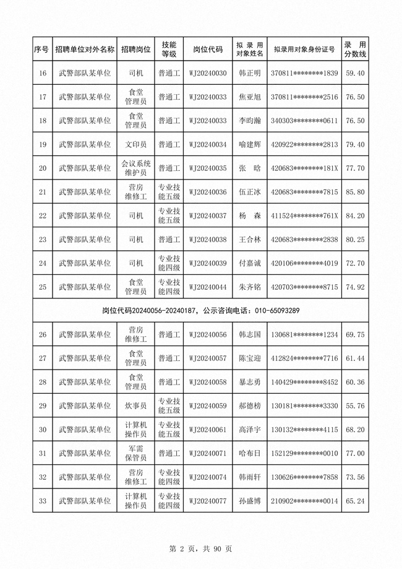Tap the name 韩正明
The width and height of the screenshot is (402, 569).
tap(250, 73)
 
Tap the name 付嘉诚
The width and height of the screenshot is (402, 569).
tap(250, 263)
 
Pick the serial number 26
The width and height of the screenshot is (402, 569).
tap(43, 335)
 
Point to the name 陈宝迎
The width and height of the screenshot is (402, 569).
tap(250, 358)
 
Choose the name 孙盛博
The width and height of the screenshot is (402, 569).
tap(250, 501)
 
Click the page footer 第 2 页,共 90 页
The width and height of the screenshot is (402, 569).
tap(200, 549)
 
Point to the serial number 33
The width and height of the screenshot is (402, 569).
tap(43, 501)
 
